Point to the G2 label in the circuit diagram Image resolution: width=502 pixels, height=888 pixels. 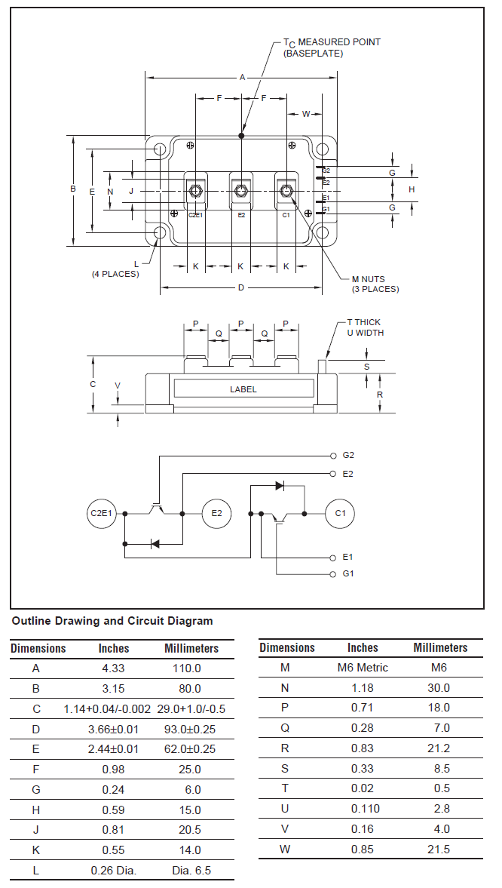click(348, 456)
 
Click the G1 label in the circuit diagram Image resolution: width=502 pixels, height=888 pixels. click(348, 573)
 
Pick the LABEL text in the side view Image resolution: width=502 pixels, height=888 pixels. click(243, 389)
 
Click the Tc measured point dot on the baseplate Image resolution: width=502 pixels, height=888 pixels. click(242, 136)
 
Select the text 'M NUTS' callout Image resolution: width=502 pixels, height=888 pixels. click(369, 279)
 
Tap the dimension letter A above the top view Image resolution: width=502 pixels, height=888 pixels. click(242, 77)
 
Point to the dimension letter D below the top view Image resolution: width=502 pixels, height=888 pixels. click(241, 287)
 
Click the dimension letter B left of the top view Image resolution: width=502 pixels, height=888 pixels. click(73, 189)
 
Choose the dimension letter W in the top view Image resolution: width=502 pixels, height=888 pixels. click(306, 114)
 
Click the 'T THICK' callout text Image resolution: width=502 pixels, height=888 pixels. click(364, 322)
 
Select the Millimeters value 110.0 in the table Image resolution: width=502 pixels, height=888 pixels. click(187, 668)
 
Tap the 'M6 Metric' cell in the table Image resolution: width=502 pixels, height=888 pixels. click(363, 668)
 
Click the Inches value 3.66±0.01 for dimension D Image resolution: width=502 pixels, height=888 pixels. click(113, 729)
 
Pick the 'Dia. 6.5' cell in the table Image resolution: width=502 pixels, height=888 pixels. click(191, 871)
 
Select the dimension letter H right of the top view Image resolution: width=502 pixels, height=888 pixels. click(412, 189)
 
